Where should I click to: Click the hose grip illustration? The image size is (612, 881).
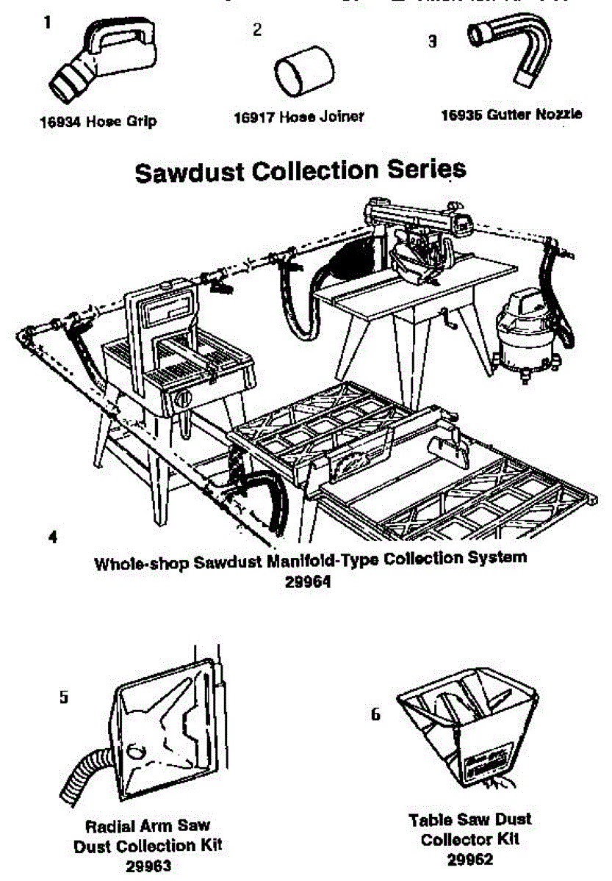[x=103, y=62]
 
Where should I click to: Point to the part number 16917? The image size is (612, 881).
[x=253, y=117]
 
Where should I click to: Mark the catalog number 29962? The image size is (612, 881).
[x=470, y=858]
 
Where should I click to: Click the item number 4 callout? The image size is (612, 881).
[x=51, y=537]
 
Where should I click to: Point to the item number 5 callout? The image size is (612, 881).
[x=64, y=697]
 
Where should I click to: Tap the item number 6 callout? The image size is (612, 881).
[x=375, y=714]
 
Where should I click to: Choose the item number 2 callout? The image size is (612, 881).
[x=256, y=30]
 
